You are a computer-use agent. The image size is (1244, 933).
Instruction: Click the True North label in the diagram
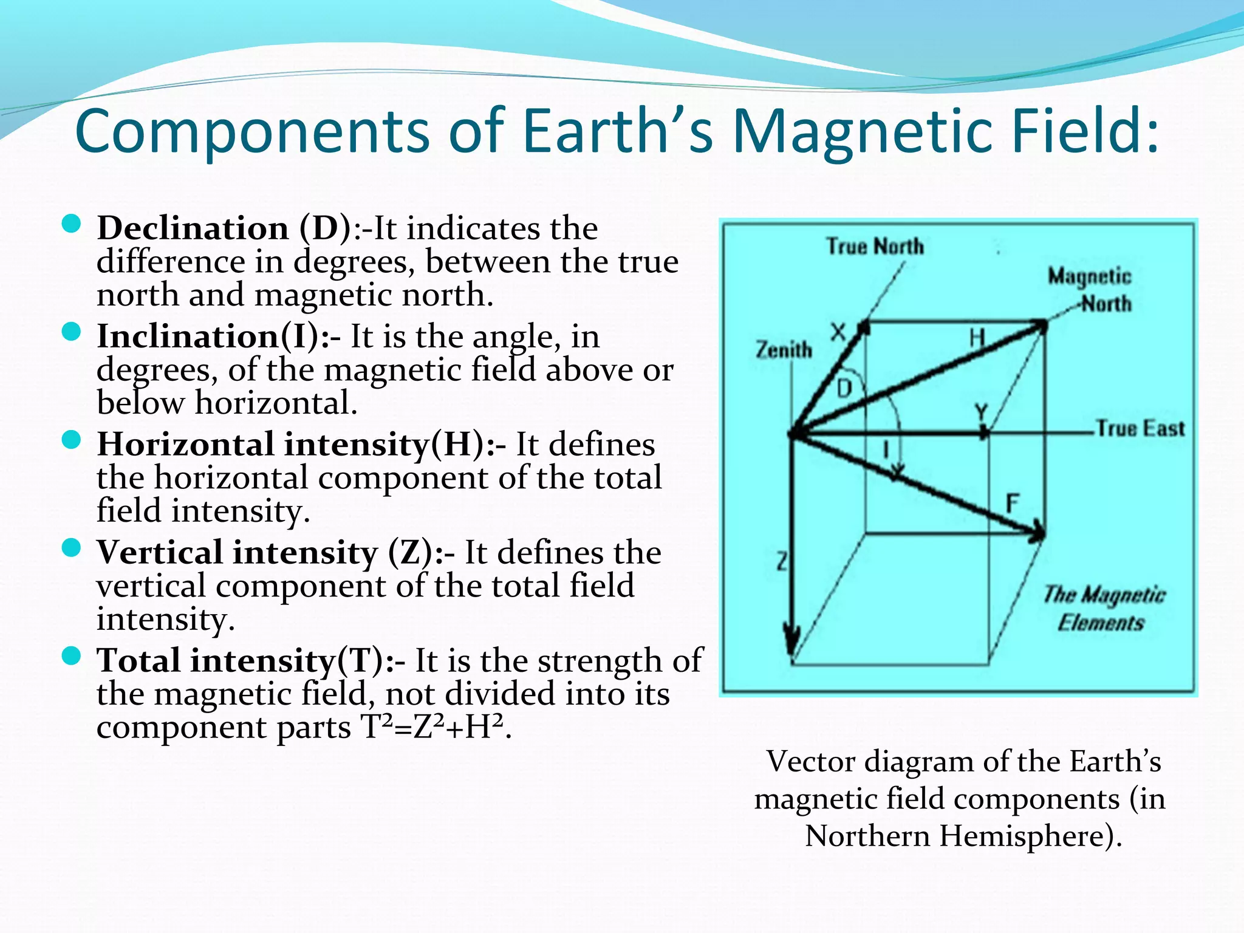875,247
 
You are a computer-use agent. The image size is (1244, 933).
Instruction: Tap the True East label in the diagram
1140,428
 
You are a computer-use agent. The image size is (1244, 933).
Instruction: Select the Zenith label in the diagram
784,350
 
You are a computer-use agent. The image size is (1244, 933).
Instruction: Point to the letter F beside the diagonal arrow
1012,503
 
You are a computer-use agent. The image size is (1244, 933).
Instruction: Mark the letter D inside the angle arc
844,388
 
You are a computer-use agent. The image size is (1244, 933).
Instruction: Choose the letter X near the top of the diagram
838,332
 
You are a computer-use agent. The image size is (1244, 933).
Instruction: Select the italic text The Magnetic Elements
1102,608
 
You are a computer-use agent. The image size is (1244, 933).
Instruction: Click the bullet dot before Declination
72,225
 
